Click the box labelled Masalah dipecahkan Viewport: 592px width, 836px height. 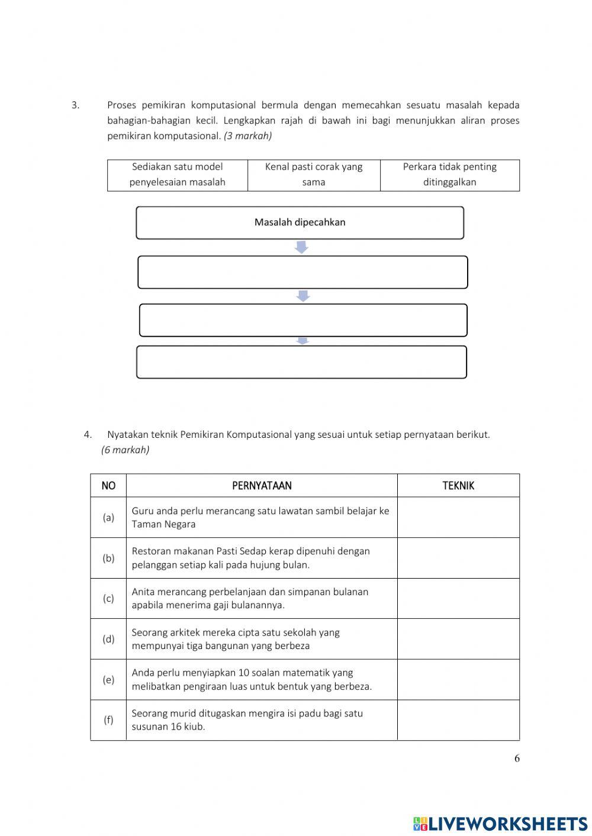tap(300, 222)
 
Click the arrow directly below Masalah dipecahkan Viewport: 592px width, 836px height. tap(301, 247)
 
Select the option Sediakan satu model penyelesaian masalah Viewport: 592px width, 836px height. tap(178, 175)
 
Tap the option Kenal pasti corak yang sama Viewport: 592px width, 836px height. tap(314, 175)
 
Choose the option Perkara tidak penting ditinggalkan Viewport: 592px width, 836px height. tap(449, 175)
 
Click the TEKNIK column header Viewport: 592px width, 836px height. tap(458, 486)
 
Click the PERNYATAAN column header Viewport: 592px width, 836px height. tap(262, 486)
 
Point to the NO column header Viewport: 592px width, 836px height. tap(108, 486)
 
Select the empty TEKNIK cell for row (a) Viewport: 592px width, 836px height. tap(458, 517)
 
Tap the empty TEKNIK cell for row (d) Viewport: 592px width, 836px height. tap(458, 639)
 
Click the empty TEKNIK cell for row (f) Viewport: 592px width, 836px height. tap(458, 720)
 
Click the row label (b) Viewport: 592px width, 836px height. tap(108, 558)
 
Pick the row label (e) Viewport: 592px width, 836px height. tap(108, 680)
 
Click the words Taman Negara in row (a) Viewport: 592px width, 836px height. tap(163, 524)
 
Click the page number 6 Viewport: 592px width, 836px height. tap(517, 758)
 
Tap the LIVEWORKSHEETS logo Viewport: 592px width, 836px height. tap(500, 823)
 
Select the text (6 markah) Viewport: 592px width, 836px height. tap(125, 450)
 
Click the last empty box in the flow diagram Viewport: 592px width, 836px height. tap(301, 362)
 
